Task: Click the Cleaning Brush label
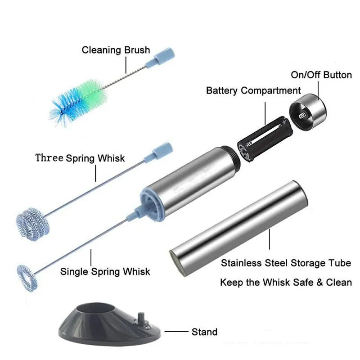[115, 49]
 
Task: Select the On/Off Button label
[321, 74]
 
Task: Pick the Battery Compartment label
[253, 90]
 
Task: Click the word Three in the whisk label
[49, 158]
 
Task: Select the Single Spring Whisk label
[105, 272]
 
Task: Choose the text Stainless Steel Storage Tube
[285, 263]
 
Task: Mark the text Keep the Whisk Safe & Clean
[285, 283]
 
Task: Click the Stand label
[204, 332]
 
